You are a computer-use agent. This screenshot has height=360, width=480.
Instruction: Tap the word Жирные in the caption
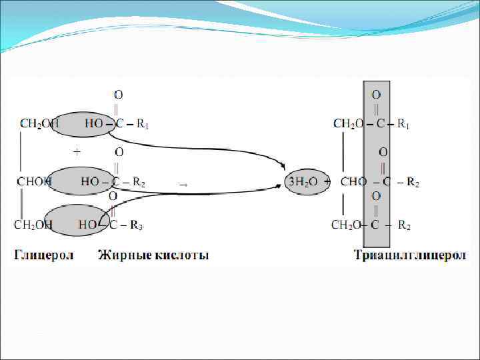pos(122,255)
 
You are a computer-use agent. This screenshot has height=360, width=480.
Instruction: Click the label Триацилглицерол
pos(410,255)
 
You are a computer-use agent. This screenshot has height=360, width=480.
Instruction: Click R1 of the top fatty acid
pos(143,124)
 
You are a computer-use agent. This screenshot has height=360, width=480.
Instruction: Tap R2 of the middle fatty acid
pos(139,181)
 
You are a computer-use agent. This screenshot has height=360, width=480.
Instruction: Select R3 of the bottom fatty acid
pos(136,225)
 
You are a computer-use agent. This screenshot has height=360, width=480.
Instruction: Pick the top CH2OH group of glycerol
pos(39,124)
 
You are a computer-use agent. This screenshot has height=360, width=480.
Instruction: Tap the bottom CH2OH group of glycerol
pos(34,225)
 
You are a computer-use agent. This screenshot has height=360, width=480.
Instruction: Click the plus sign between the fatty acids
pos(77,152)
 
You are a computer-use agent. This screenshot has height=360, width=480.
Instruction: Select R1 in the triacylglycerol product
pos(403,124)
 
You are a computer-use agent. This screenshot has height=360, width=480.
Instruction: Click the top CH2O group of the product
pos(349,124)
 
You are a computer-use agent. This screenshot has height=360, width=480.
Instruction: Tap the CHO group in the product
pos(353,181)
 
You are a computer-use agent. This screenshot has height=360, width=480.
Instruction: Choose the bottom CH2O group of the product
pos(347,225)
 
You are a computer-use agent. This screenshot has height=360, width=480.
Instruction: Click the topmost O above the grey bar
pos(376,95)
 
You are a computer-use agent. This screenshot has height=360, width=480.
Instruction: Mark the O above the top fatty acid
pos(117,95)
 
